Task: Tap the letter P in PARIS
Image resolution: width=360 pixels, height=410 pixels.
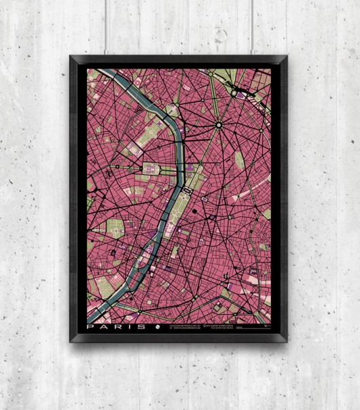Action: (x=91, y=327)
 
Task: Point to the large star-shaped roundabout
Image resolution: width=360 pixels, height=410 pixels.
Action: (x=218, y=124)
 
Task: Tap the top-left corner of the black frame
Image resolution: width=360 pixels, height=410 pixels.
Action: (x=70, y=57)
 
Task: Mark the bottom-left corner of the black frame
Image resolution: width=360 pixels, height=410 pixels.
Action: (x=70, y=340)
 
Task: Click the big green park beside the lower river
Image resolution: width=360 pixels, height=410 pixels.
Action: (x=105, y=286)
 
